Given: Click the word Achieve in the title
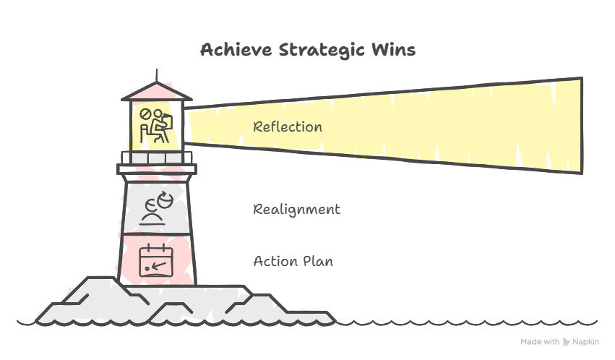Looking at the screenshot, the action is (236, 50).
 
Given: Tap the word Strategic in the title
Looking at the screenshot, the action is (322, 51).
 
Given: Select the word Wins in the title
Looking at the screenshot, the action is (393, 50).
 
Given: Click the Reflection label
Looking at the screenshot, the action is (288, 127).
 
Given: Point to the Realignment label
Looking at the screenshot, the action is (296, 210).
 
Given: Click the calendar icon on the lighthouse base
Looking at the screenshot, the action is (156, 260).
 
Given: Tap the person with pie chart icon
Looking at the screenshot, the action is (156, 208).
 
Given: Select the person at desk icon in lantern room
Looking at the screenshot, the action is (156, 126).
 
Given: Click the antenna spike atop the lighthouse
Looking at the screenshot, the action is (157, 76).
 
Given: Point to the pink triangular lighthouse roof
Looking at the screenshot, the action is (157, 91).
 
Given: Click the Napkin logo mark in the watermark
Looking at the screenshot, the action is (566, 342).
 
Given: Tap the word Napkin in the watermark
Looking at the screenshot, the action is (585, 342).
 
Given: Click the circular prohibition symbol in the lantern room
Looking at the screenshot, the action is (145, 114).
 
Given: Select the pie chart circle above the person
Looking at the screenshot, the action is (165, 200).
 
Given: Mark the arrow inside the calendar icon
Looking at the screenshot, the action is (158, 266).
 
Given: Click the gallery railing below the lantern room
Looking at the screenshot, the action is (157, 158).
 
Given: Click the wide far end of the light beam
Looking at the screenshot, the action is (582, 126).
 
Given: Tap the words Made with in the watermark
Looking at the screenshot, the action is (540, 342).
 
